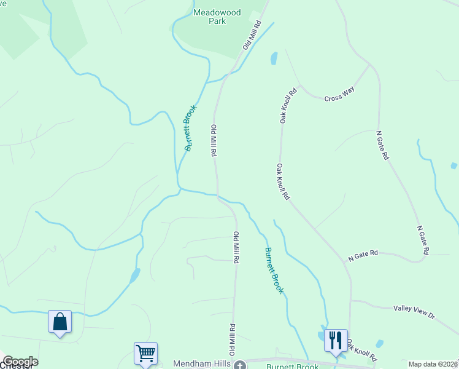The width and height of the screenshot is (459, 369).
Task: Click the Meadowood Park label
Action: pyautogui.click(x=209, y=17)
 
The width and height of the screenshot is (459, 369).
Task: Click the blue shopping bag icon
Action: pyautogui.click(x=60, y=322)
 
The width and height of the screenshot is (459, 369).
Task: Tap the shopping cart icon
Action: pyautogui.click(x=145, y=353)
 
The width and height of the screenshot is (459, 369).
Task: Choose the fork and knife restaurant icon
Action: pyautogui.click(x=336, y=339)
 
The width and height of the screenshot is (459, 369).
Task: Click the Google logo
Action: pyautogui.click(x=20, y=362)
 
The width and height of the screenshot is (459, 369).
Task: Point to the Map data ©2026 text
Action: pyautogui.click(x=433, y=364)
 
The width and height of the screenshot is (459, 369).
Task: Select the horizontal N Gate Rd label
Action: pyautogui.click(x=363, y=255)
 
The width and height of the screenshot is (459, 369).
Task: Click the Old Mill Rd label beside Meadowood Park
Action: pyautogui.click(x=252, y=34)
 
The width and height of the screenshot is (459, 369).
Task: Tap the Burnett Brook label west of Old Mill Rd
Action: pyautogui.click(x=191, y=128)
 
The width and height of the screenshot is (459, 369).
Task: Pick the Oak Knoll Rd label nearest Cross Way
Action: pyautogui.click(x=288, y=105)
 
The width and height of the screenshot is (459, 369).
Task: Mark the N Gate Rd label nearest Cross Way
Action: pyautogui.click(x=382, y=145)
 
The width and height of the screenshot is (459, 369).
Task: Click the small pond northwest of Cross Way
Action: pyautogui.click(x=274, y=58)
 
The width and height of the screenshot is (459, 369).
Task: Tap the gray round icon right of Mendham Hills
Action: pyautogui.click(x=240, y=365)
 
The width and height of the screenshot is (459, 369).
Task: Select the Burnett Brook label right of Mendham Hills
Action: pyautogui.click(x=292, y=367)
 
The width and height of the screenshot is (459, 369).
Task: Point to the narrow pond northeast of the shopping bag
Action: pyautogui.click(x=134, y=276)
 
